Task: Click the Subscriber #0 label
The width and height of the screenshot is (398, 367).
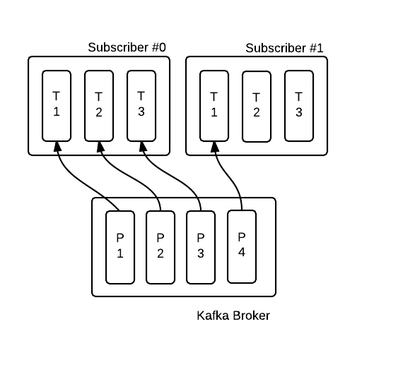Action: [x=127, y=47]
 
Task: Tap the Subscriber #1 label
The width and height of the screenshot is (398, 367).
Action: [x=285, y=48]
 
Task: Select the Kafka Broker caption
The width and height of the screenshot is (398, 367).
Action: [x=233, y=315]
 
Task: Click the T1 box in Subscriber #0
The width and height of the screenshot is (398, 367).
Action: [x=57, y=106]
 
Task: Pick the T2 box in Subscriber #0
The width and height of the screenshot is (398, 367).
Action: [x=99, y=106]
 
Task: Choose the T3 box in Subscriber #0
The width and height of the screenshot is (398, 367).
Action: [x=141, y=106]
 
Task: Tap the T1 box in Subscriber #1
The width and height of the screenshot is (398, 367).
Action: [x=214, y=106]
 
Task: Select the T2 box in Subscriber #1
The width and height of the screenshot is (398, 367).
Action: [x=257, y=107]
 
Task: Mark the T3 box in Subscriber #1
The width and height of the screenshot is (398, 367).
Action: [x=299, y=106]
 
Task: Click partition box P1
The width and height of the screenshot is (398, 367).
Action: [x=120, y=247]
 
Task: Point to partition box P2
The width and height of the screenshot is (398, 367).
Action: [x=160, y=247]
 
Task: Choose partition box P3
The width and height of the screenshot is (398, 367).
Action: [x=201, y=247]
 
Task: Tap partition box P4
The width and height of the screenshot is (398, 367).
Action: [x=242, y=246]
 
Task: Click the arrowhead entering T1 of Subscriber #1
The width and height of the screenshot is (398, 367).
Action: [x=215, y=147]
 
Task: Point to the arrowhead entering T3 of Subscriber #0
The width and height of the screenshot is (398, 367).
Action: [x=143, y=147]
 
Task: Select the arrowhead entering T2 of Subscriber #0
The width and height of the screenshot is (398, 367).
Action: [x=100, y=147]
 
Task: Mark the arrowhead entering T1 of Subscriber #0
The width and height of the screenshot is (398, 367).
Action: [x=57, y=147]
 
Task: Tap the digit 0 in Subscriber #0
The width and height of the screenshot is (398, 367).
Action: [x=163, y=47]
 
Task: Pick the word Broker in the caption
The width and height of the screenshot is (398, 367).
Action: [x=251, y=315]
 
